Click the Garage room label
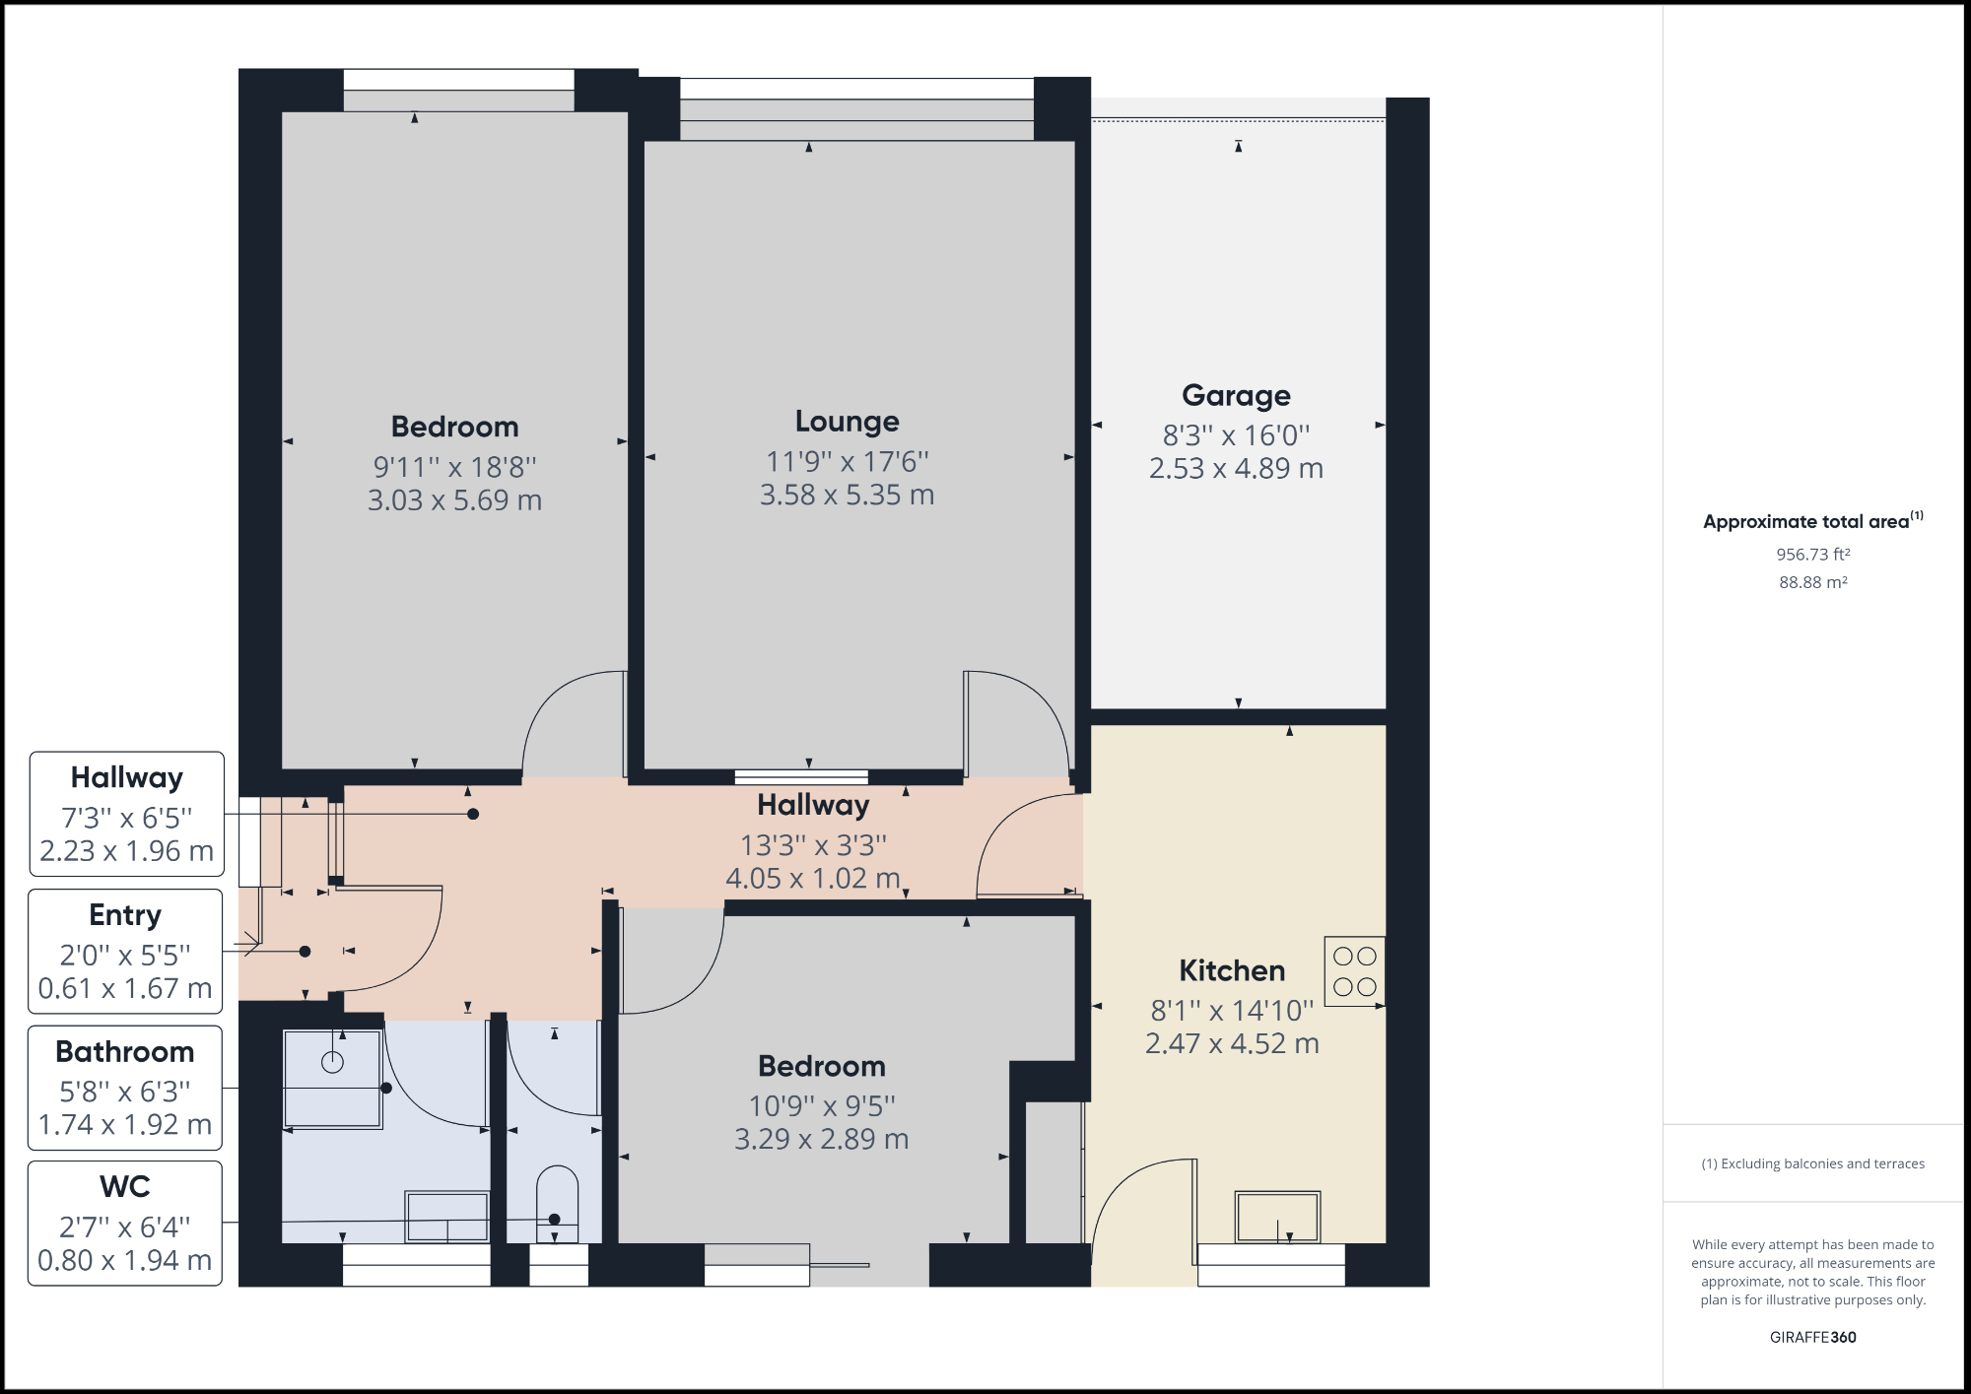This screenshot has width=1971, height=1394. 1236,395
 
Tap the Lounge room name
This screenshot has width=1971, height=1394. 847,422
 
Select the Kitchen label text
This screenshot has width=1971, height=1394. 1232,970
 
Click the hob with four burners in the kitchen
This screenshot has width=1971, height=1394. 1354,971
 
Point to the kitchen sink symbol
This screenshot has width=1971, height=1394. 1277,1218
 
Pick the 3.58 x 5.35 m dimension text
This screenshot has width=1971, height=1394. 847,495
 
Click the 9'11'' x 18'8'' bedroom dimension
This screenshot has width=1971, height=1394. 454,467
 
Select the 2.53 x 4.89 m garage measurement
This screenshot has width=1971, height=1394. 1236,469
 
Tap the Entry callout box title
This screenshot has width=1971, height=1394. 125,915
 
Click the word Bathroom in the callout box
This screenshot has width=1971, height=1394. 125,1052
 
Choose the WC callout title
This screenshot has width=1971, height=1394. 125,1187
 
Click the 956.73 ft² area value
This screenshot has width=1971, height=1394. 1812,555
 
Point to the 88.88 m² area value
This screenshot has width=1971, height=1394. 1812,582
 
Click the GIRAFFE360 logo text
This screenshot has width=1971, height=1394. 1812,1337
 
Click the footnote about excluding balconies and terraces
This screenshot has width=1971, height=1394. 1812,1163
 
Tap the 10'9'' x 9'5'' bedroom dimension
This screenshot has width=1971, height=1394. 821,1106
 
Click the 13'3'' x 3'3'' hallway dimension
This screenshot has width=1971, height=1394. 813,845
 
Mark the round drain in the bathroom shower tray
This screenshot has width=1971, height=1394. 333,1062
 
